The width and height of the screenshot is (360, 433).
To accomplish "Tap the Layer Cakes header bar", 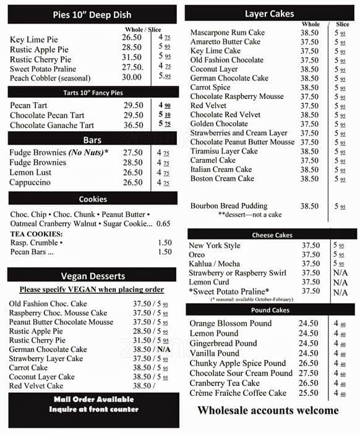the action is tap(270, 14).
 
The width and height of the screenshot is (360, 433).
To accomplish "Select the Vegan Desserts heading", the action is tap(93, 276).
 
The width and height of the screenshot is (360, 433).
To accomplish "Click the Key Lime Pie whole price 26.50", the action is tap(132, 38).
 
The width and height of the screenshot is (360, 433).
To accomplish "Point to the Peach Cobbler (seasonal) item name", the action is tap(50, 78).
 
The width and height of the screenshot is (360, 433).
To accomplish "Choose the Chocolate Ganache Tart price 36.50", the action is tap(133, 125).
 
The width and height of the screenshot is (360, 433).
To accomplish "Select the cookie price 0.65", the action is tap(163, 223).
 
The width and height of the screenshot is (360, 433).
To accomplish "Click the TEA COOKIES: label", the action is tap(36, 234).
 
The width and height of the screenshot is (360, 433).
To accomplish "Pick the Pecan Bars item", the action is tap(32, 252).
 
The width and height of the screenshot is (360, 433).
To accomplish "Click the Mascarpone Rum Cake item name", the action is tap(228, 32).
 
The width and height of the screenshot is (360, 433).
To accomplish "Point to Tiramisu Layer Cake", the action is tap(224, 151).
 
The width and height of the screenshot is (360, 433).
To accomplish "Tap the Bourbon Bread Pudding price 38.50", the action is tap(309, 206).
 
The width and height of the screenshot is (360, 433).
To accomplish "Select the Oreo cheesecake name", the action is tap(197, 255).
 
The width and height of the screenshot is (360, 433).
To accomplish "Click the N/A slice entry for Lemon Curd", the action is tap(340, 282).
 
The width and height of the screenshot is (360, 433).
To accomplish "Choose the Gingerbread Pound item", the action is tap(223, 343).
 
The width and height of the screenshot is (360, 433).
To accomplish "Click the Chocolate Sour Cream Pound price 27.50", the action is tap(308, 373).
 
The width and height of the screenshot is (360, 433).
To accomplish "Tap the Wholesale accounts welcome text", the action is tap(268, 410).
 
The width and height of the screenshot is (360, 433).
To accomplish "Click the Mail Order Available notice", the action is tap(93, 399).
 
